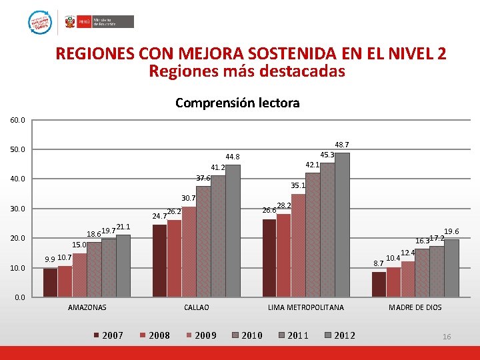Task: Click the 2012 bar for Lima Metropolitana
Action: point(342,225)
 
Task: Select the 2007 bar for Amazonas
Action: point(50,283)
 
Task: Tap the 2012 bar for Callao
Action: point(233,231)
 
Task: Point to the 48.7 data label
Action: point(342,145)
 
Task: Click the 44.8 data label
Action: point(232,157)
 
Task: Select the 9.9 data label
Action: point(49,259)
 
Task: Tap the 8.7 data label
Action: point(378,264)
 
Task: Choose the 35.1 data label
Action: point(297,186)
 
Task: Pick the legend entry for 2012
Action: point(339,335)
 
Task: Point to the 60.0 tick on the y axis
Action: point(17,120)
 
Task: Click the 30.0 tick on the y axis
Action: point(17,209)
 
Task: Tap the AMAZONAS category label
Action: point(87,307)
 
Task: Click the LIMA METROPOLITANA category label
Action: point(306,307)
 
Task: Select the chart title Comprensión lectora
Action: point(237,103)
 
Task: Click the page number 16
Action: point(447,337)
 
